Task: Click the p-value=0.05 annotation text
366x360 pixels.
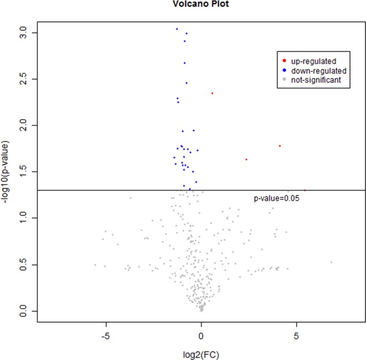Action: pyautogui.click(x=276, y=198)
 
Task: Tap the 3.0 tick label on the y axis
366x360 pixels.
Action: pyautogui.click(x=20, y=33)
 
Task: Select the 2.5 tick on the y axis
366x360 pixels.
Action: pyautogui.click(x=20, y=80)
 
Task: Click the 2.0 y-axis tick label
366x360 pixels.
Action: pyautogui.click(x=20, y=126)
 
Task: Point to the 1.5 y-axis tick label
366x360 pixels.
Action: pyautogui.click(x=20, y=172)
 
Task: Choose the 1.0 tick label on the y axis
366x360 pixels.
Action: pyautogui.click(x=20, y=218)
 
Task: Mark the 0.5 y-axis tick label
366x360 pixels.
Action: pyautogui.click(x=20, y=264)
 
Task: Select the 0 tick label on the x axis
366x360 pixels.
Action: pyautogui.click(x=201, y=335)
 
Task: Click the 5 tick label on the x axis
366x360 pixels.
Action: pyautogui.click(x=296, y=335)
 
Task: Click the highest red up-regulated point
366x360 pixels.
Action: pyautogui.click(x=212, y=93)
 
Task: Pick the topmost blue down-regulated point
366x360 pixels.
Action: pyautogui.click(x=177, y=29)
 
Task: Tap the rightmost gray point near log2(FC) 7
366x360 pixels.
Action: pyautogui.click(x=331, y=262)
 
